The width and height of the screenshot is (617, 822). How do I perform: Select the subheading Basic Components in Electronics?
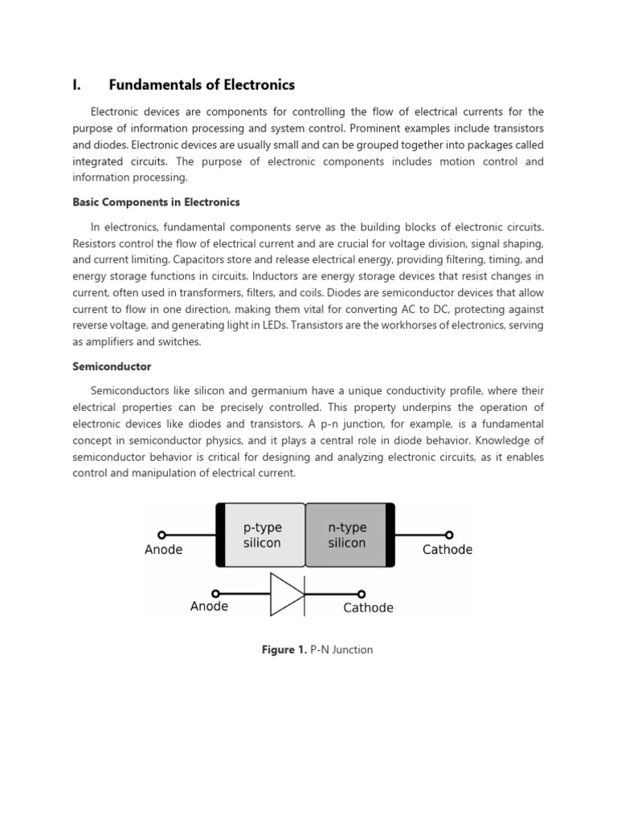(156, 202)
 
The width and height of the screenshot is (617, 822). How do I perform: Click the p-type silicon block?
(263, 535)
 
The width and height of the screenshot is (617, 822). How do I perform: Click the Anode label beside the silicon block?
(163, 550)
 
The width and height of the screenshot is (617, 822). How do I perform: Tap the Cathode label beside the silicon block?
(447, 550)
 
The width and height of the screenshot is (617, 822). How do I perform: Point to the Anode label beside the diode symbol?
(209, 606)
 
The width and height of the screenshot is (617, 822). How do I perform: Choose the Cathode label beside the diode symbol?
(368, 608)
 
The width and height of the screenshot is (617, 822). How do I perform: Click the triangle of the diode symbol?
(285, 595)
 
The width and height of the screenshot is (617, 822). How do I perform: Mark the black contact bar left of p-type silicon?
(220, 535)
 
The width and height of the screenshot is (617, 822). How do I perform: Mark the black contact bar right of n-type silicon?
(390, 535)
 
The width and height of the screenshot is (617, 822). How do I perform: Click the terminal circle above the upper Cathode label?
(449, 535)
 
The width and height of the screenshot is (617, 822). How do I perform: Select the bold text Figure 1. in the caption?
(284, 649)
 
